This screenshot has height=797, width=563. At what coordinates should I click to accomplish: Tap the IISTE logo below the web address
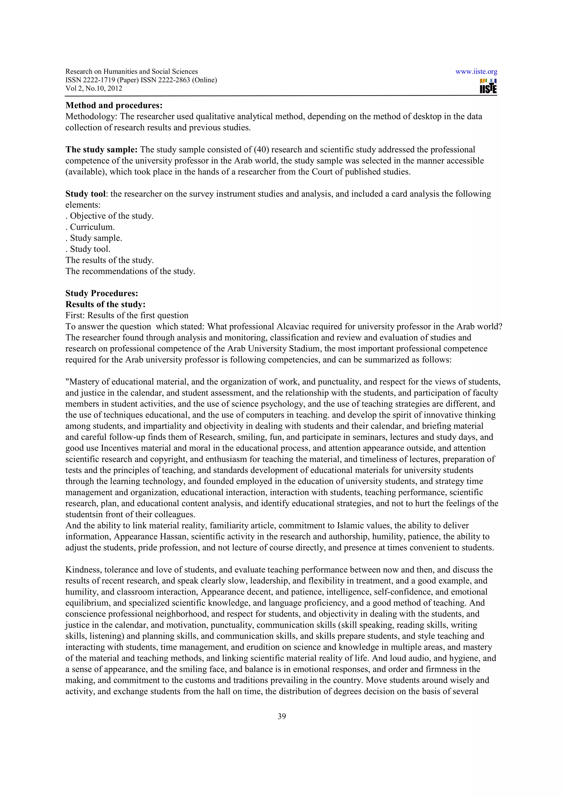pyautogui.click(x=488, y=86)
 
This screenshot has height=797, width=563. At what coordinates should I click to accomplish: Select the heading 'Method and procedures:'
pyautogui.click(x=114, y=105)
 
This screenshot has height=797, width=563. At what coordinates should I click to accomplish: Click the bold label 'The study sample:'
pyautogui.click(x=101, y=150)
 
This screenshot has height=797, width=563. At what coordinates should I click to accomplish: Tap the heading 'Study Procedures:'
pyautogui.click(x=102, y=293)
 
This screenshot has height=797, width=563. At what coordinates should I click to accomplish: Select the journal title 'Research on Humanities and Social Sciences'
pyautogui.click(x=131, y=72)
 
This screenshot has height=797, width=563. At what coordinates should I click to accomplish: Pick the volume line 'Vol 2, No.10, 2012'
pyautogui.click(x=94, y=88)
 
